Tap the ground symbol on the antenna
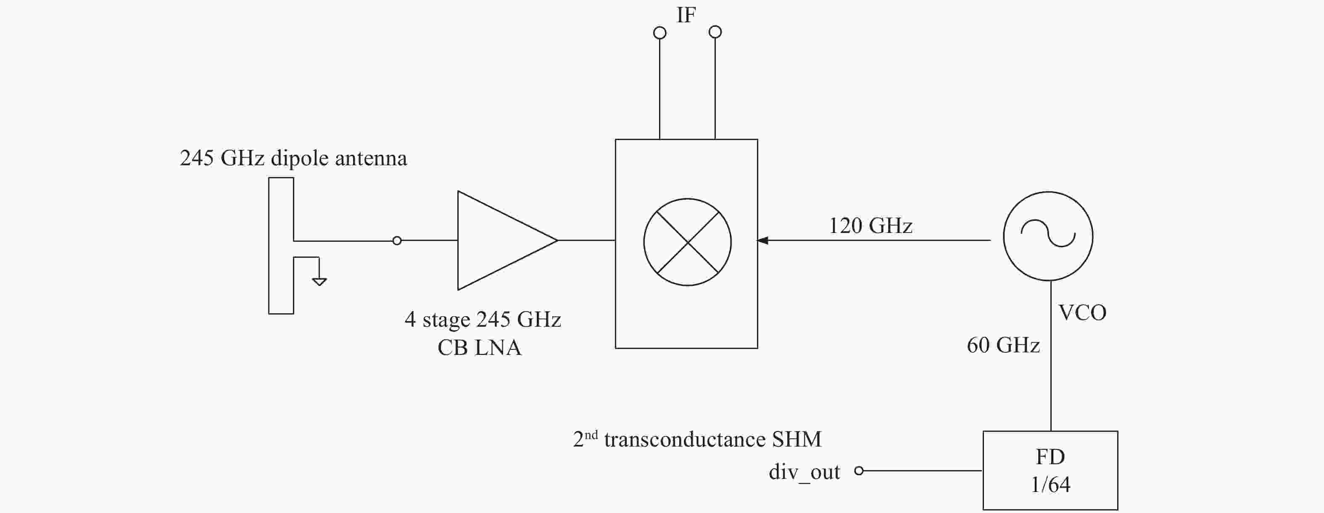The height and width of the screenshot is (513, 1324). pyautogui.click(x=319, y=281)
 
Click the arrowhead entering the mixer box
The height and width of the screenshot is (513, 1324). pyautogui.click(x=763, y=240)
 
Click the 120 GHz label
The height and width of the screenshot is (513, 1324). pyautogui.click(x=870, y=226)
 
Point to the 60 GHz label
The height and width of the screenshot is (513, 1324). pyautogui.click(x=1003, y=345)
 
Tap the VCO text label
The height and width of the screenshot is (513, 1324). pyautogui.click(x=1082, y=312)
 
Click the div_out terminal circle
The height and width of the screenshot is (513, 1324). pyautogui.click(x=859, y=471)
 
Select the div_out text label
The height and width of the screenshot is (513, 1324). pyautogui.click(x=804, y=472)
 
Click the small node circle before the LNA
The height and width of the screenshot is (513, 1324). pyautogui.click(x=397, y=241)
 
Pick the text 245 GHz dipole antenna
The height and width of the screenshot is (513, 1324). pyautogui.click(x=293, y=159)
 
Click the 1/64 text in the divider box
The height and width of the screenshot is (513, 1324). pyautogui.click(x=1050, y=485)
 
